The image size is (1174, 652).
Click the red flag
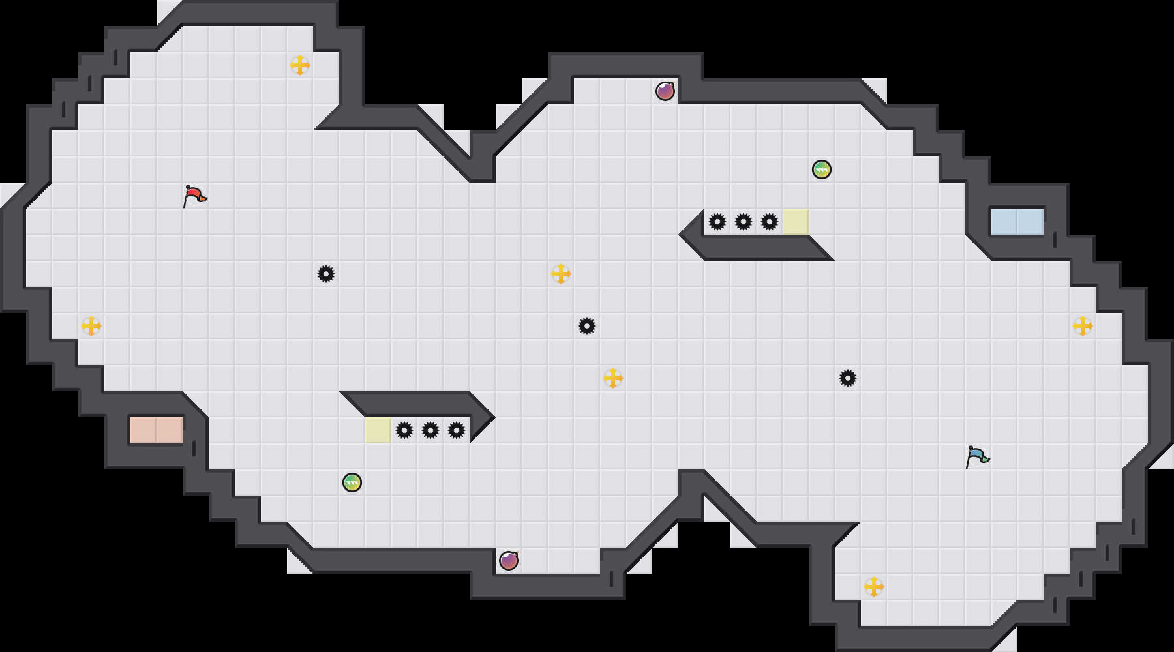tap(194, 195)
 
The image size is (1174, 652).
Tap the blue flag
tap(977, 456)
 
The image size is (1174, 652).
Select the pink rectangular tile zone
tap(157, 430)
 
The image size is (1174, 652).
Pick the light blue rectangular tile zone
tap(1017, 222)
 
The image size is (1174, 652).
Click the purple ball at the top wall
tap(665, 91)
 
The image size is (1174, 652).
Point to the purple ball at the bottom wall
tap(509, 561)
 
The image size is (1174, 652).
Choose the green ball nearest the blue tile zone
tap(822, 170)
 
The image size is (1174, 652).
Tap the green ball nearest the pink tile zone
tap(352, 482)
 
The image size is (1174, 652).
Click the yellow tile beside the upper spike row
tap(796, 222)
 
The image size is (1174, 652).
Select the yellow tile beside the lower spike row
tap(378, 430)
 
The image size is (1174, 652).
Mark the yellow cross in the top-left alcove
tap(300, 65)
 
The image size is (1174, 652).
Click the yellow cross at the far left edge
tap(91, 326)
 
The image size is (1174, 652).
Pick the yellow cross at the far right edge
tap(1083, 326)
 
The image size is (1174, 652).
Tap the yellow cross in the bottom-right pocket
tap(874, 587)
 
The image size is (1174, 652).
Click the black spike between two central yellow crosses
tap(587, 326)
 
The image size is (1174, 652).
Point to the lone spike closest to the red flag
tap(326, 274)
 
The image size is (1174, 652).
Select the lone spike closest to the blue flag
tap(848, 378)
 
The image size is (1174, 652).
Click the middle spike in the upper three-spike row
tap(744, 222)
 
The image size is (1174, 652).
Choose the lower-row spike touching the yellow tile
tap(404, 430)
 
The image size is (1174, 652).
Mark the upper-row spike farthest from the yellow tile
tap(717, 222)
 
